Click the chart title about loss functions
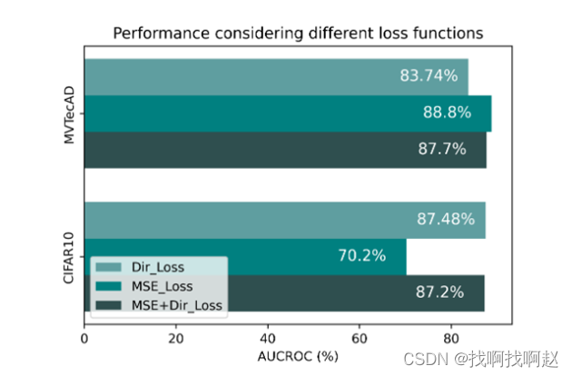[x=297, y=34]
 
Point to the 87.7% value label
[x=441, y=149]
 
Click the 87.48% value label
[x=444, y=220]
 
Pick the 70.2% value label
[x=361, y=256]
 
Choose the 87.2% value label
[x=440, y=292]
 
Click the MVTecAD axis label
[x=67, y=114]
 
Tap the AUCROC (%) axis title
[x=297, y=357]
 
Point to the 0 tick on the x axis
[x=84, y=338]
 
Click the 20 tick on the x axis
[x=176, y=338]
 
